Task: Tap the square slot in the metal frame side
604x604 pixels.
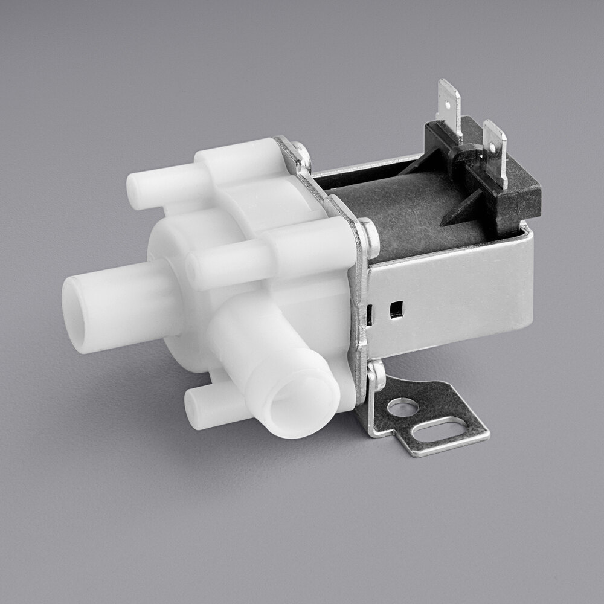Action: [396, 310]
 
